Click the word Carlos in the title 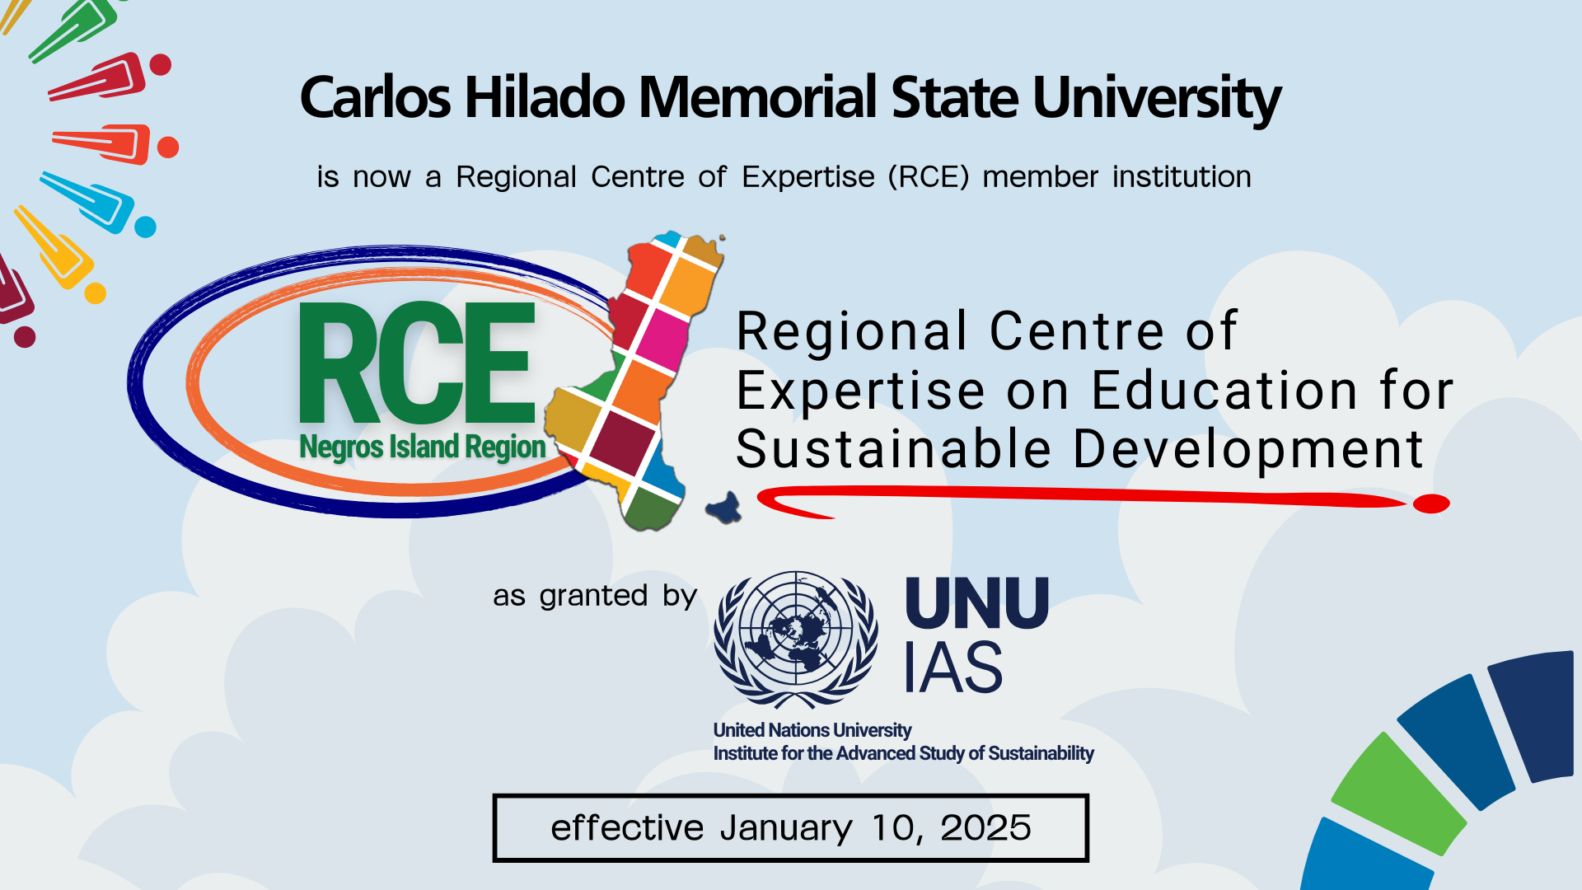375,98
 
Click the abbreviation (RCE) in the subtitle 929,177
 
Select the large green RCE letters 417,363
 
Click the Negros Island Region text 422,447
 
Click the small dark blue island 724,508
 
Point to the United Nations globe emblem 796,638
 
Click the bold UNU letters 977,603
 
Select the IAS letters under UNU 953,667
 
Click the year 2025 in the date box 985,828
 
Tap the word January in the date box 786,828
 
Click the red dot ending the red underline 1431,504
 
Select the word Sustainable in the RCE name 893,450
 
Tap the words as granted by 595,596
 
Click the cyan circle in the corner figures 145,227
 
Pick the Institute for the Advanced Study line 903,754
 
